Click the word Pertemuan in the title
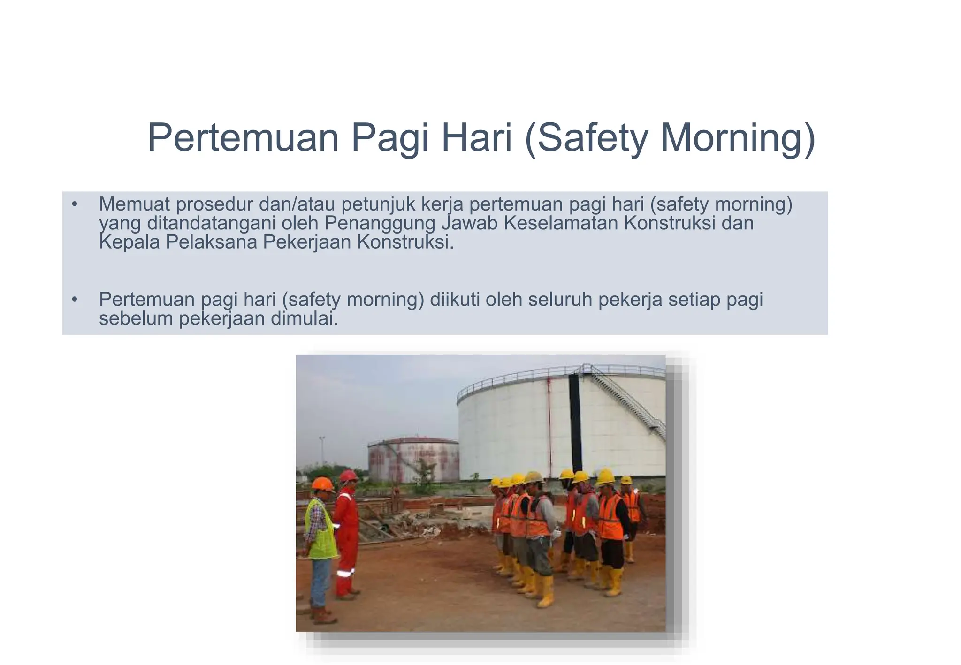coord(243,137)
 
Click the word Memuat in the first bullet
coord(133,204)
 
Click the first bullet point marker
coord(74,204)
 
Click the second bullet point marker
coord(74,299)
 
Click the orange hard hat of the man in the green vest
coord(322,484)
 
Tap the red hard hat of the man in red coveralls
coord(349,476)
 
